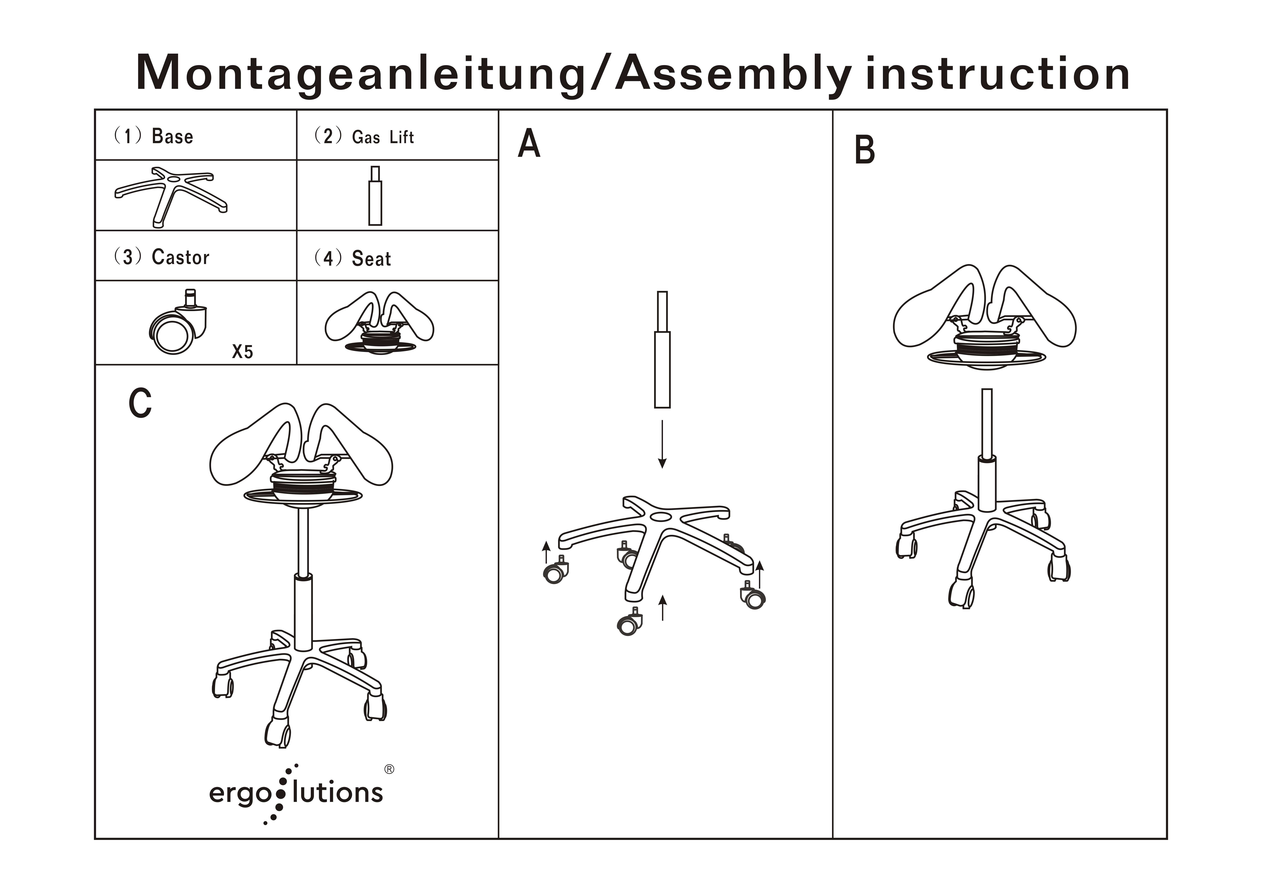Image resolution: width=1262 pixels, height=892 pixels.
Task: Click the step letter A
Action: (x=529, y=144)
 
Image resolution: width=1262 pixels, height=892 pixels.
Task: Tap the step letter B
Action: (x=865, y=150)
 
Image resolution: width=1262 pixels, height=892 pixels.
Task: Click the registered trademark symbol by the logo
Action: (x=389, y=769)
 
